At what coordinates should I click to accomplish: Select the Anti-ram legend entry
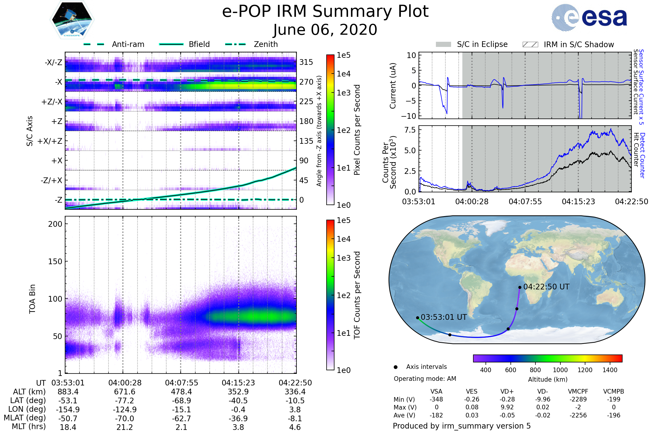click(x=114, y=44)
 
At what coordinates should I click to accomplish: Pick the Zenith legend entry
click(x=251, y=44)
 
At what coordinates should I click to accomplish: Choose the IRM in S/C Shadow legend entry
click(x=568, y=44)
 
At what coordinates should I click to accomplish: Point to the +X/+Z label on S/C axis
click(x=50, y=141)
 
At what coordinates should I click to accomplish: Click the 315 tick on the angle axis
click(x=306, y=62)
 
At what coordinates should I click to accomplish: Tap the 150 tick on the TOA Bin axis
click(x=55, y=261)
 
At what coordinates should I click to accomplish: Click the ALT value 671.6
click(x=125, y=392)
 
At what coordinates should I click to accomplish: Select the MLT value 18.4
click(x=68, y=427)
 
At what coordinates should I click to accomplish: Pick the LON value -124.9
click(x=125, y=409)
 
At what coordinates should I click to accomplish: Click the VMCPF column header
click(x=578, y=391)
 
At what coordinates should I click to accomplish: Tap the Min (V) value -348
click(x=436, y=399)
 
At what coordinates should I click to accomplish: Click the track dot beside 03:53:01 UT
click(x=418, y=318)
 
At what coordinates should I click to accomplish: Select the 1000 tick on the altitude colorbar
click(x=560, y=370)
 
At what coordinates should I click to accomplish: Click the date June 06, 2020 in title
click(x=325, y=30)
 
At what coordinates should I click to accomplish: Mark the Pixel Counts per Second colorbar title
click(x=357, y=130)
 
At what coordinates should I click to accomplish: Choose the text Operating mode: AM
click(x=425, y=379)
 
